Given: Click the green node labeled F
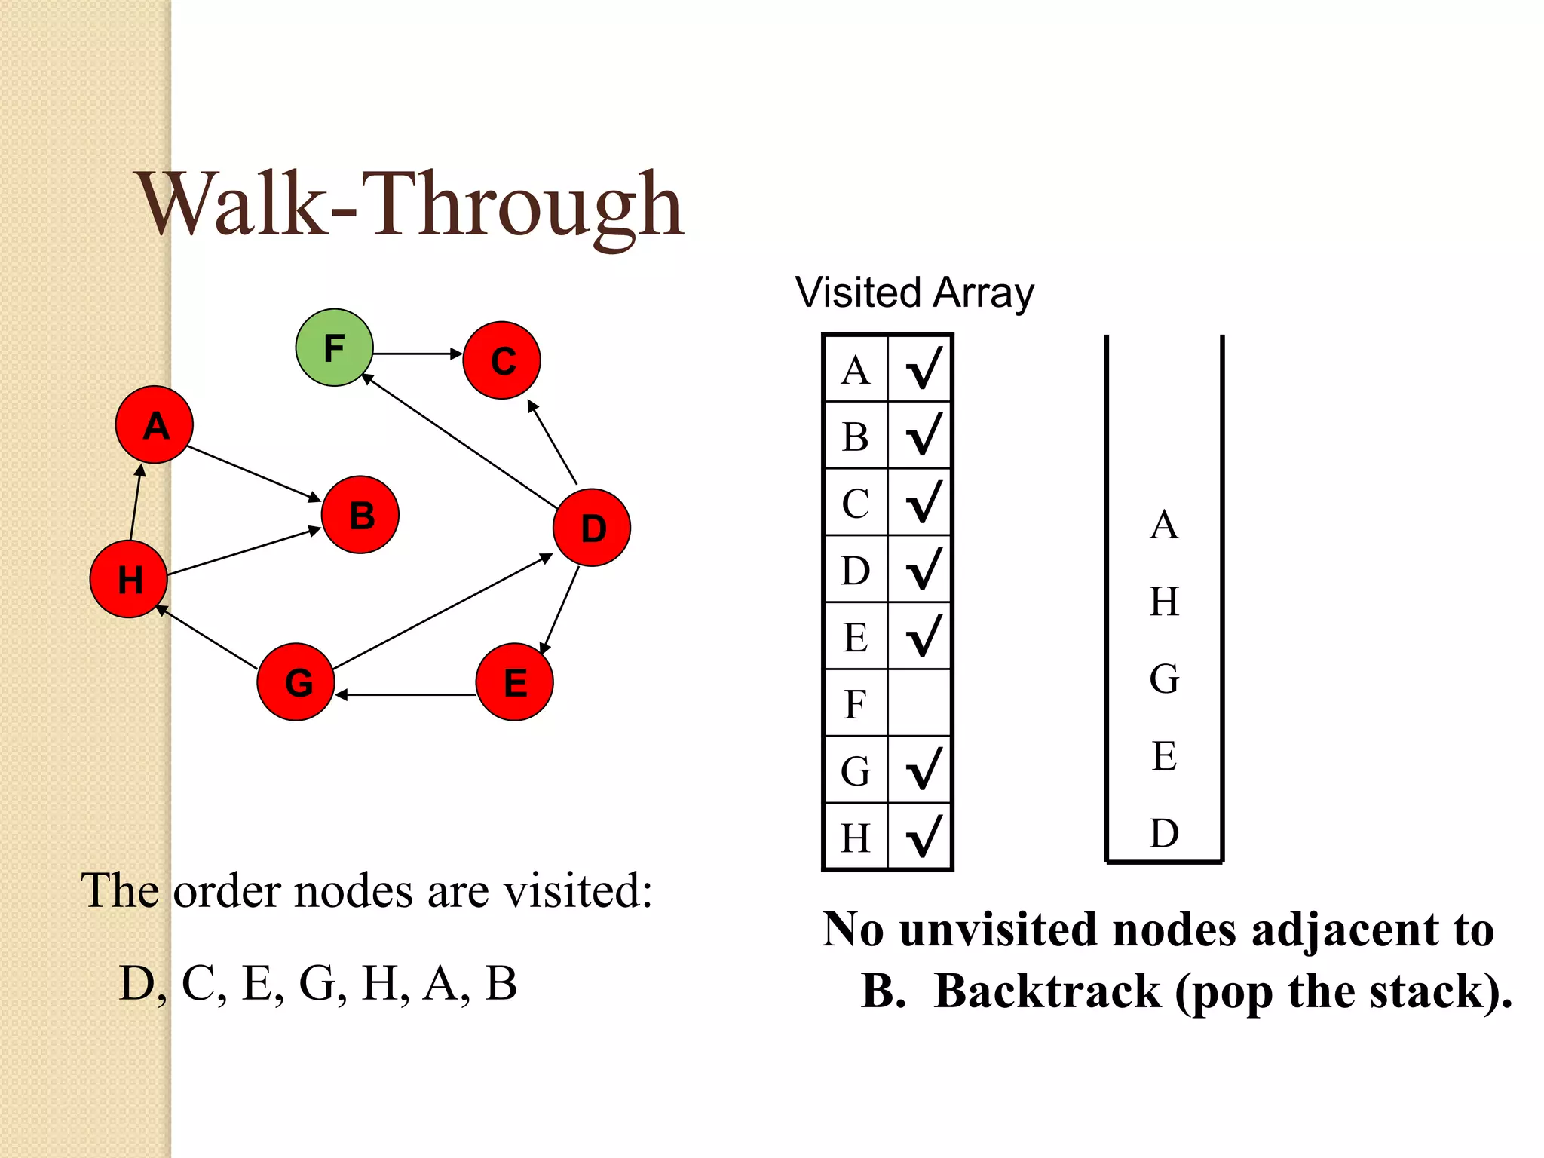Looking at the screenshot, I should coord(334,348).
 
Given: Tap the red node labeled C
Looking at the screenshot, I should coord(501,360).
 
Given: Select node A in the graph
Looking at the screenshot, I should coord(155,425).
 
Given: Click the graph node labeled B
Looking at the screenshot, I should coord(360,515).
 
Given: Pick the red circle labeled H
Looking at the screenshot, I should coord(128,579).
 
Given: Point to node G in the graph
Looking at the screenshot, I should coord(296,682).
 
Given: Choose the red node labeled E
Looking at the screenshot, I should coord(515,682).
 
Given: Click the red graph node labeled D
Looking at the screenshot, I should coord(592,528).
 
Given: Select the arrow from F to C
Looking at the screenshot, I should coord(417,353).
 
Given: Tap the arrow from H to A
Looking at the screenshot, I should coord(136,504).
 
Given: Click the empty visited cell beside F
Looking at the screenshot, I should coord(920,703).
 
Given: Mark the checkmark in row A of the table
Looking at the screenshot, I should coord(923,369).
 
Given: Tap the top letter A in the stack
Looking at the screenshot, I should coord(1164,525).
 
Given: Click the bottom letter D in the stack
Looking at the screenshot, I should coord(1164,834).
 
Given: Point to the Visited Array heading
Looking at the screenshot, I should coord(914,293).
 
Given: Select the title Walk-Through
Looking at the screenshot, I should coord(411,205).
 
